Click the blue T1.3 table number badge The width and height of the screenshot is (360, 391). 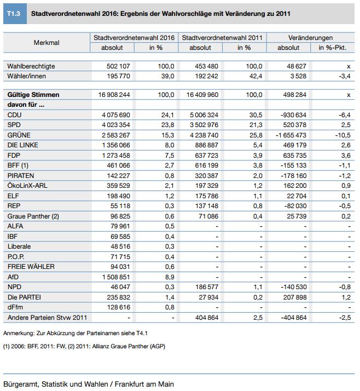[x=15, y=14]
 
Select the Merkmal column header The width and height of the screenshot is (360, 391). [x=47, y=43]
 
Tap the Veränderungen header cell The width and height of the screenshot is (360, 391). [x=310, y=38]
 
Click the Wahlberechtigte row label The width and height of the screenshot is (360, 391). [x=31, y=66]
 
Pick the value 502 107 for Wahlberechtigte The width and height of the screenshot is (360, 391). [x=118, y=66]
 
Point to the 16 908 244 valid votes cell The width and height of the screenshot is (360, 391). [x=114, y=95]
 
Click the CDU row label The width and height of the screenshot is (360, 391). [x=14, y=114]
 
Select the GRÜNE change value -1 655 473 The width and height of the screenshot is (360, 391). [x=291, y=135]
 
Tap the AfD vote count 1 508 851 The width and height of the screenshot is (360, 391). [x=116, y=277]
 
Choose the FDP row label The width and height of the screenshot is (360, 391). [x=14, y=156]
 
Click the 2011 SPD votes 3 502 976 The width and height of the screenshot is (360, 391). [x=204, y=125]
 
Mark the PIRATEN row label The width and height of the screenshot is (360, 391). [x=21, y=176]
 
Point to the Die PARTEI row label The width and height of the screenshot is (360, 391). [x=24, y=297]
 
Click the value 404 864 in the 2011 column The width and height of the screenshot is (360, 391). [x=207, y=318]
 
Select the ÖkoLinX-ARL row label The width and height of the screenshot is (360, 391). [x=27, y=186]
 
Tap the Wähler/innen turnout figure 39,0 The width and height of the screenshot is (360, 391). [x=167, y=76]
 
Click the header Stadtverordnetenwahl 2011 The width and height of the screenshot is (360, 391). [x=222, y=38]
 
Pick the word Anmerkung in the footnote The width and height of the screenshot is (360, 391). [x=19, y=333]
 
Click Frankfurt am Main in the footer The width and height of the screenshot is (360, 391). [x=144, y=384]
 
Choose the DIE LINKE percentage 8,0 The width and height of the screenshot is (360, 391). [x=170, y=145]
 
